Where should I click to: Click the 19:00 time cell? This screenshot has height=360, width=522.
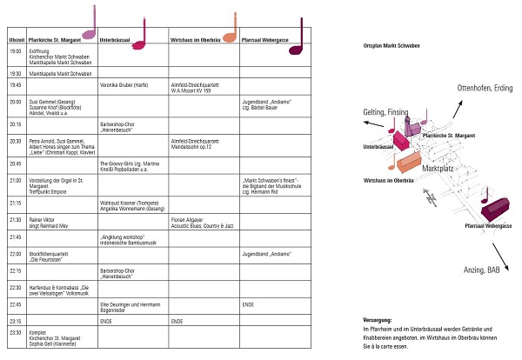click(x=15, y=51)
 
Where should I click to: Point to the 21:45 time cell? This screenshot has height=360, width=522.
click(x=15, y=237)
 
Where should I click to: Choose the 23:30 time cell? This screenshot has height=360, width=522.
click(x=15, y=332)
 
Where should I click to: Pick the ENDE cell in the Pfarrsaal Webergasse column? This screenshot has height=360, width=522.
click(x=248, y=304)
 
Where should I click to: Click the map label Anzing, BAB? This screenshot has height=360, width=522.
click(x=481, y=270)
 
